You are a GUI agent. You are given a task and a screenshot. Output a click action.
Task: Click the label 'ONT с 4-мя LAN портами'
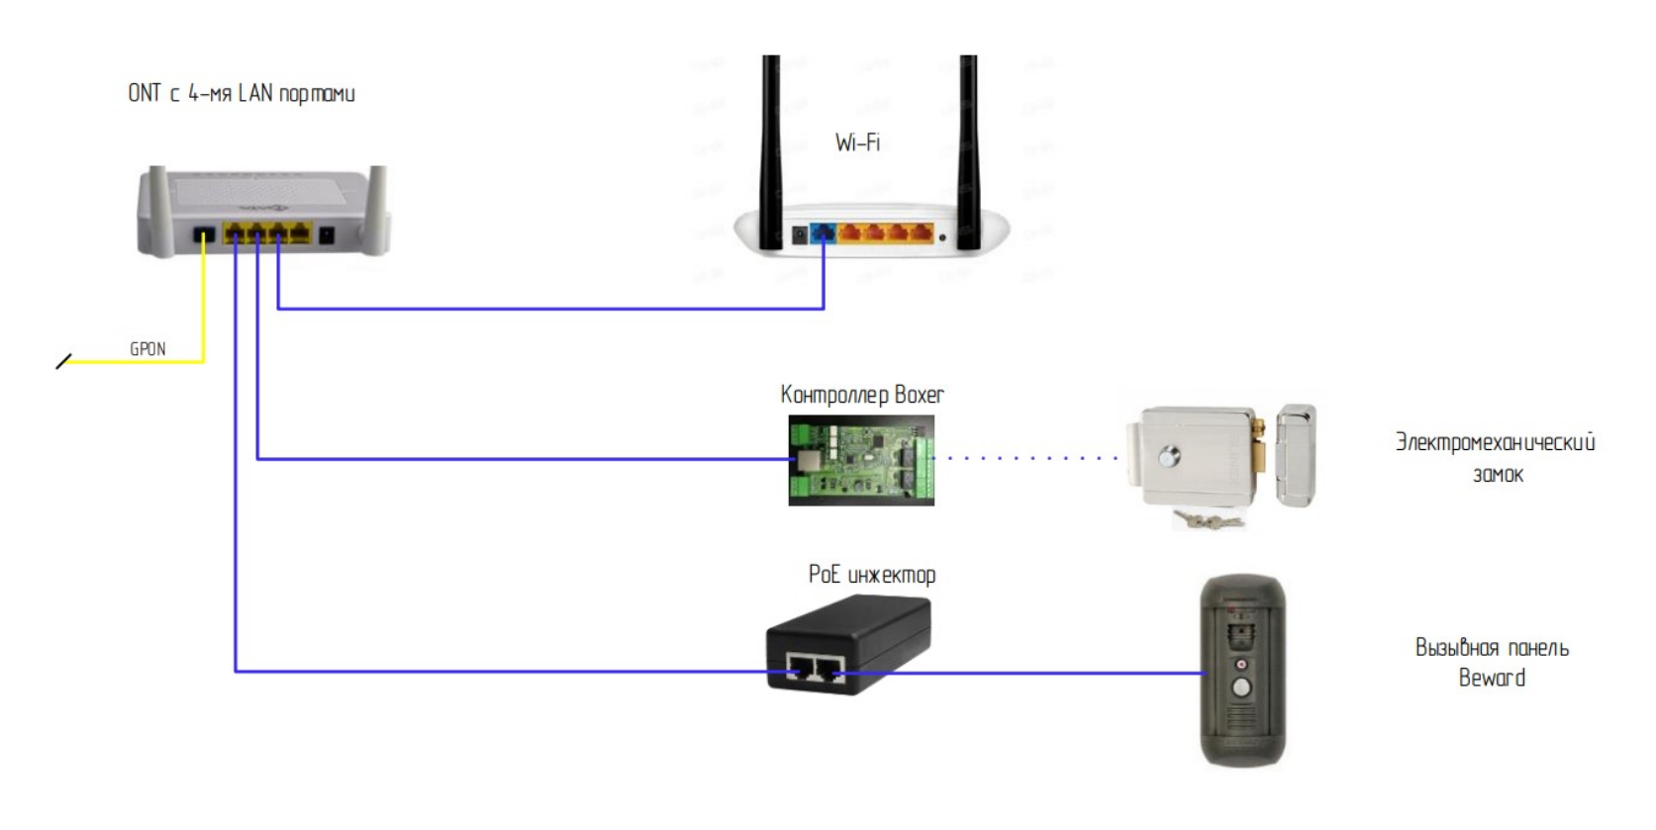pyautogui.click(x=241, y=94)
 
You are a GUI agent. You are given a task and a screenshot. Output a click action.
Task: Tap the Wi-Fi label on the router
pyautogui.click(x=857, y=142)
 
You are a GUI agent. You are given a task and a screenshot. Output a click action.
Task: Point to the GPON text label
pyautogui.click(x=147, y=349)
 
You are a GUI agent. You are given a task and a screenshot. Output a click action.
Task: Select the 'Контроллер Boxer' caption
pyautogui.click(x=862, y=395)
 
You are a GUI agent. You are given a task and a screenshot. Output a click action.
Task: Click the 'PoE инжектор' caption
pyautogui.click(x=871, y=575)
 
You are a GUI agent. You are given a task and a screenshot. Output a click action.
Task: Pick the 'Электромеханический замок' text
pyautogui.click(x=1495, y=457)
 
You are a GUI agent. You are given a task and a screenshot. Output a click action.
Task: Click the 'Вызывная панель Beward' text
pyautogui.click(x=1492, y=663)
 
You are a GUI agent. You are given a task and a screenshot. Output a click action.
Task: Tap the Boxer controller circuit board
pyautogui.click(x=861, y=461)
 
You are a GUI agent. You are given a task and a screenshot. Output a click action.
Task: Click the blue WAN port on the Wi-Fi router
pyautogui.click(x=824, y=234)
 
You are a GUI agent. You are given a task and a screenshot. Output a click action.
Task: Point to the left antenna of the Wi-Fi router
pyautogui.click(x=770, y=148)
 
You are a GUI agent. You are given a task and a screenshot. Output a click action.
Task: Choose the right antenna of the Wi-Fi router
pyautogui.click(x=968, y=148)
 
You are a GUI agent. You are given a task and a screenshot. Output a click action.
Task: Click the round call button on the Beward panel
pyautogui.click(x=1240, y=688)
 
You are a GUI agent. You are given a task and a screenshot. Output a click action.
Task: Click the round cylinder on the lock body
pyautogui.click(x=1170, y=457)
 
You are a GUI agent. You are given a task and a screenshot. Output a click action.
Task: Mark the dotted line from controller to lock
pyautogui.click(x=1029, y=458)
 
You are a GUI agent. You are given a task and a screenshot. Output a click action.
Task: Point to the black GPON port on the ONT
pyautogui.click(x=204, y=236)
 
